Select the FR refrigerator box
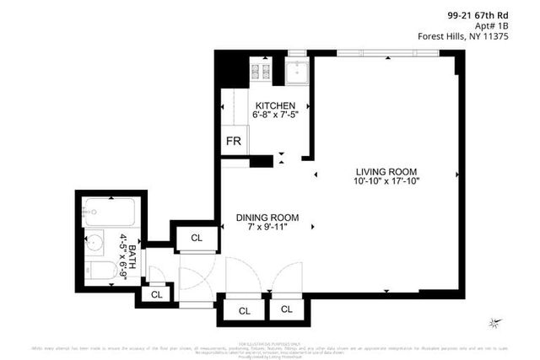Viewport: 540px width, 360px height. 233,142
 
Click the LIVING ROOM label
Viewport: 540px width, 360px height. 387,171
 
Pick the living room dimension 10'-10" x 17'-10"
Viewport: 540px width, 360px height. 387,180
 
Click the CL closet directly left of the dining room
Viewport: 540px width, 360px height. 197,238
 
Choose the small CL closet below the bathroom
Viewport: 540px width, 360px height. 155,294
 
